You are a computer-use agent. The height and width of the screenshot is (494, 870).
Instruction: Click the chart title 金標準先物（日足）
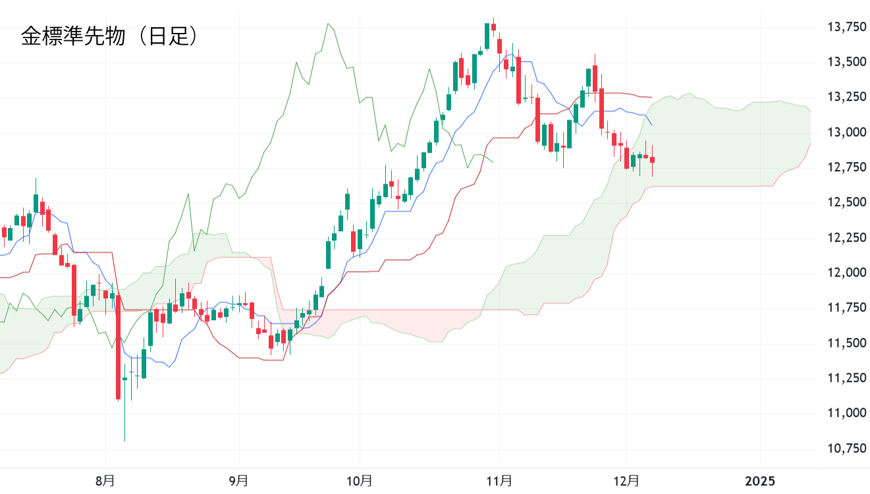(109, 36)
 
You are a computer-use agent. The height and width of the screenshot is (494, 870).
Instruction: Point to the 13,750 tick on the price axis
(846, 27)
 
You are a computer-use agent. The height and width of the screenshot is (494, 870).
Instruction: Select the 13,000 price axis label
(846, 132)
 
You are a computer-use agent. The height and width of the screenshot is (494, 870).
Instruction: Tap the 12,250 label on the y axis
(846, 237)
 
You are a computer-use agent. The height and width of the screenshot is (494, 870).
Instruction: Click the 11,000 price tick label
(846, 413)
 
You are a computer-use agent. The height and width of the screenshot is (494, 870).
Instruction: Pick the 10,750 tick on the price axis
(846, 448)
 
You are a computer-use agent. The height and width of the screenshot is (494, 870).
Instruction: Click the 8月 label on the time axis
(105, 481)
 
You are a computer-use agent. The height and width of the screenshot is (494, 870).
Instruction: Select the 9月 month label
(239, 481)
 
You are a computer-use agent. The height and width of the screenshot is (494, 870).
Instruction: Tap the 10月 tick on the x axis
(360, 481)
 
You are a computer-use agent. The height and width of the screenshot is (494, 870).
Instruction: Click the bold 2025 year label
(759, 481)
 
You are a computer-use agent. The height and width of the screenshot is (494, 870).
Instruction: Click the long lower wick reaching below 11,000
(124, 415)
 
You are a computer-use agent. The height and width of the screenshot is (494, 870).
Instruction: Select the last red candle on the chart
(653, 159)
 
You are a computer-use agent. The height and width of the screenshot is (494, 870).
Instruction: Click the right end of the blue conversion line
(651, 124)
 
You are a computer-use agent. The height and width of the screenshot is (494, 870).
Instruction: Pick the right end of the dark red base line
(651, 97)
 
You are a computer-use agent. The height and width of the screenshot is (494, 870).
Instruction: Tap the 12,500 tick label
(846, 202)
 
